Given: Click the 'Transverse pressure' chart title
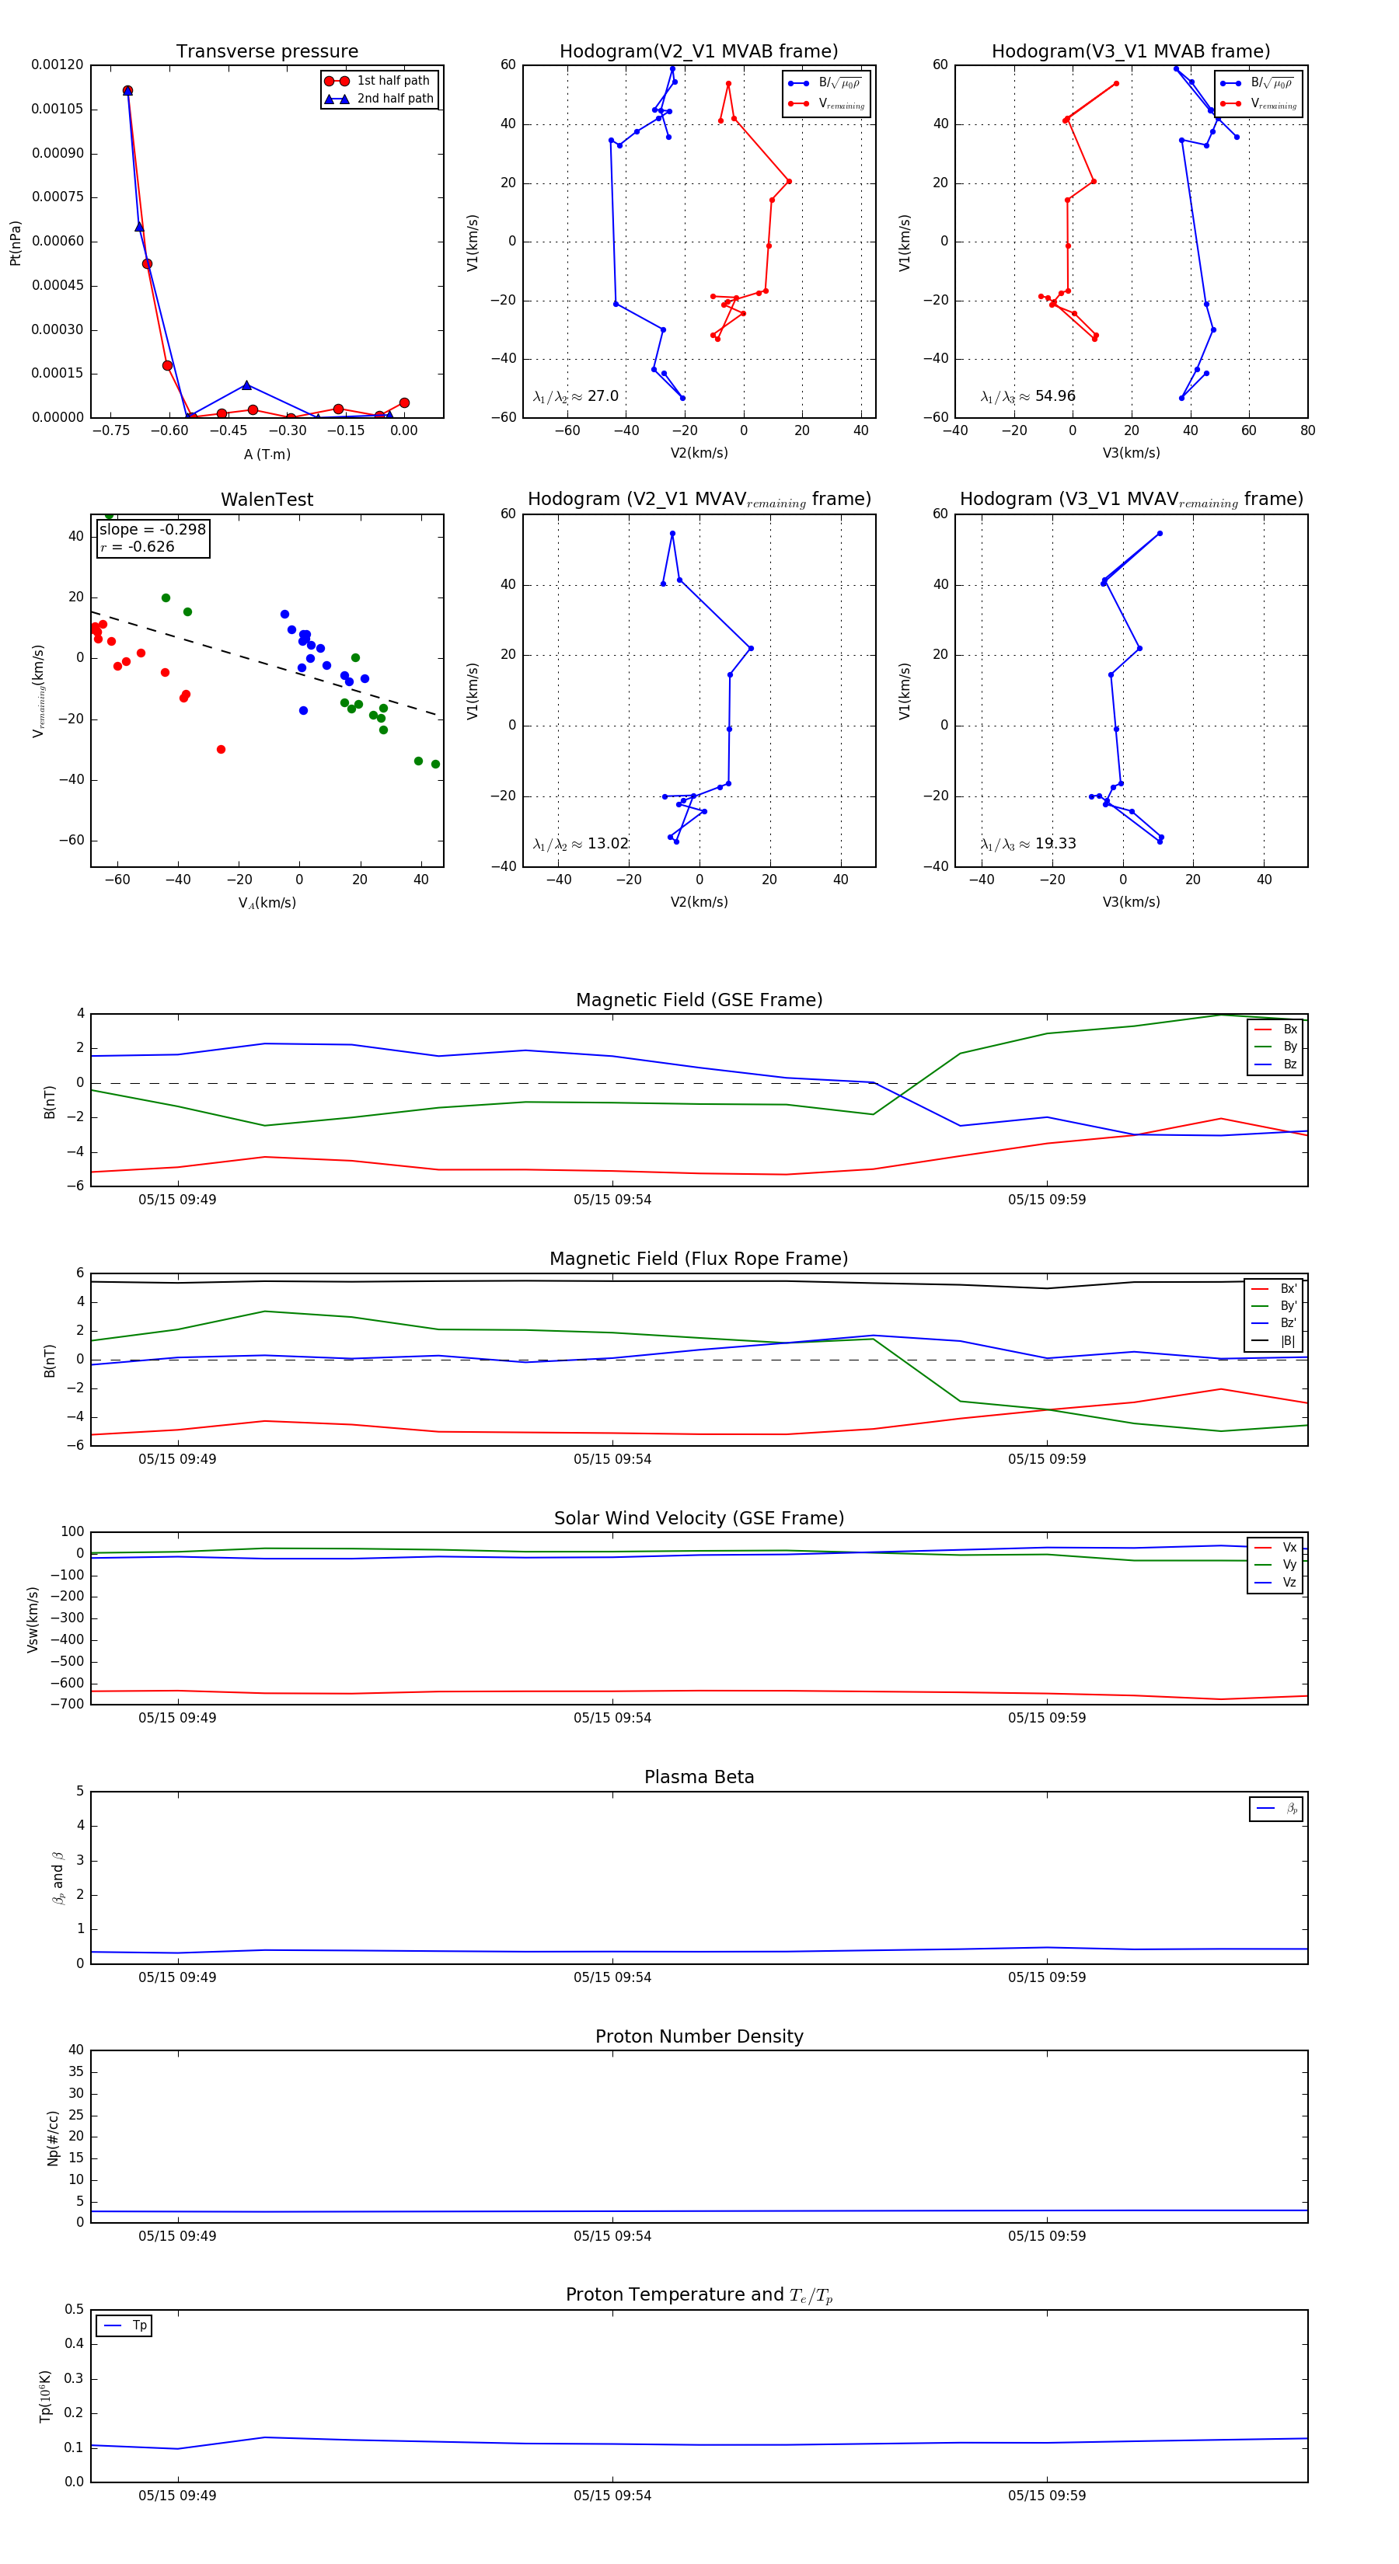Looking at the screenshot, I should [267, 52].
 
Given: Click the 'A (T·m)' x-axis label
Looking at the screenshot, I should [267, 454].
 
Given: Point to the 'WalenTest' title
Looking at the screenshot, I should [267, 500].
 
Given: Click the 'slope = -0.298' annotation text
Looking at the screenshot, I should [152, 530].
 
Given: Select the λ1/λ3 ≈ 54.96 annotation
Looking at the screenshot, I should [1027, 396].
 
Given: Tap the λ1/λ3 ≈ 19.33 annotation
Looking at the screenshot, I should [1027, 844].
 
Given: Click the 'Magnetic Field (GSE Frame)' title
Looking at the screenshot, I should [699, 1000].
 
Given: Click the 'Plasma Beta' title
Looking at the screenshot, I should [699, 1778].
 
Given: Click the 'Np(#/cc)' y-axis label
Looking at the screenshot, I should [53, 2138].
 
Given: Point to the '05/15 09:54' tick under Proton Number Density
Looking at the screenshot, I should [612, 2237].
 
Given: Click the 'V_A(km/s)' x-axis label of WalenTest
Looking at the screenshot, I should [267, 903].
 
